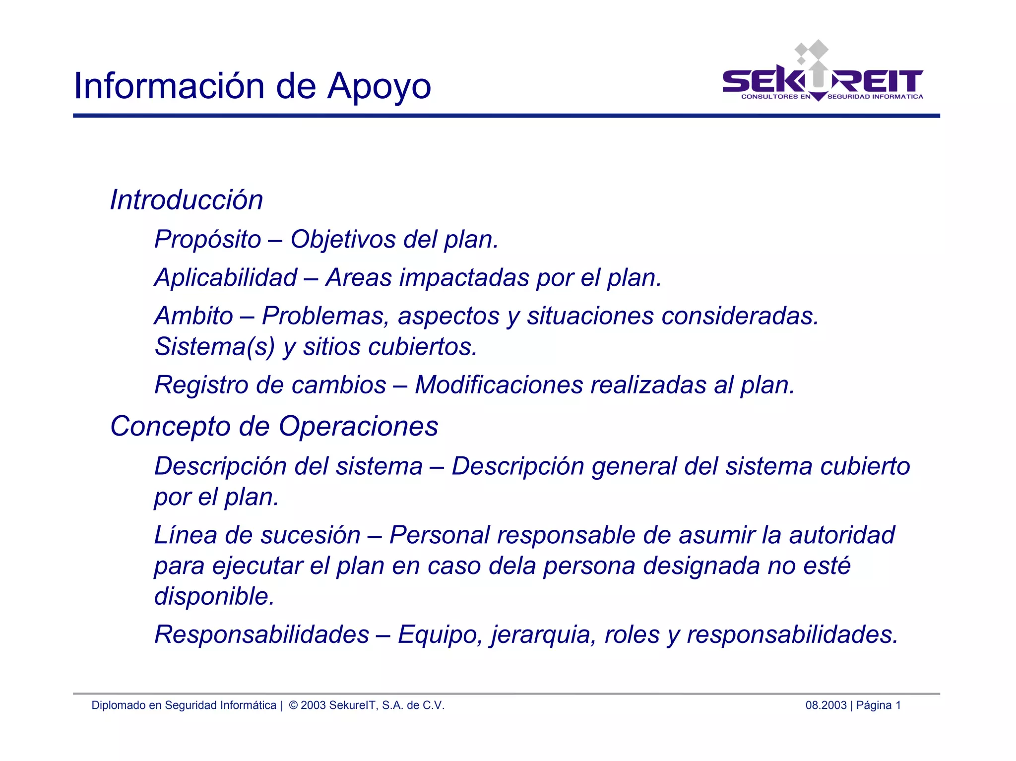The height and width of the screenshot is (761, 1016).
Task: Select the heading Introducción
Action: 186,200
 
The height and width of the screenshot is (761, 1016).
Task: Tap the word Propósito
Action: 207,240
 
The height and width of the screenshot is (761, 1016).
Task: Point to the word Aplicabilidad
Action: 226,278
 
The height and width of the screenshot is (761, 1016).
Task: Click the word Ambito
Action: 193,316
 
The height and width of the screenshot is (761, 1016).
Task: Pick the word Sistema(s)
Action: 214,347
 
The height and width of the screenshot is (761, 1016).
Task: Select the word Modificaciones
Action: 499,385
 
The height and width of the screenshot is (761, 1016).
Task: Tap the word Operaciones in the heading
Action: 358,427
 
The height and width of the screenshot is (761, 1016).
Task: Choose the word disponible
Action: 214,596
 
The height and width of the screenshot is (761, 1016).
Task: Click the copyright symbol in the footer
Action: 293,705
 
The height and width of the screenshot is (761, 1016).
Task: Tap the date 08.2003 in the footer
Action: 825,705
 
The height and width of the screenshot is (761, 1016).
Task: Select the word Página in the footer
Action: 874,705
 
